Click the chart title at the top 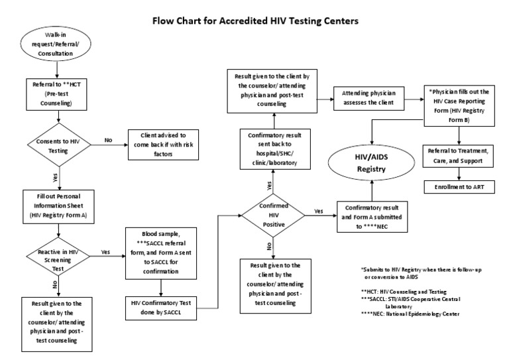point(255,21)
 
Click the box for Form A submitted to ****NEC point(374,216)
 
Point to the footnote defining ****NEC point(415,314)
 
